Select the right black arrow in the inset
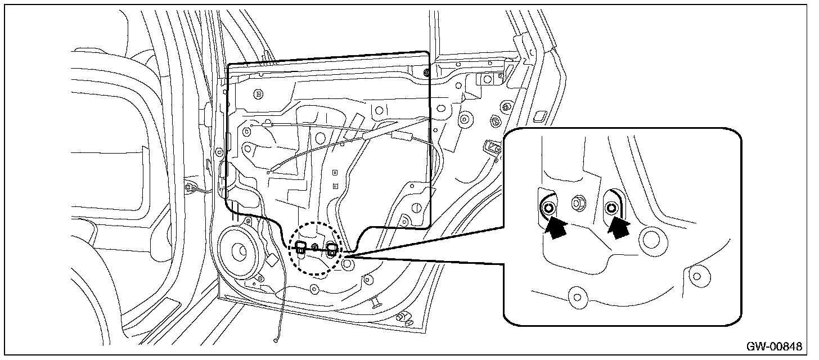[x=619, y=228]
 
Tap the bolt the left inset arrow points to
[x=548, y=209]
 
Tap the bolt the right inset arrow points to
[x=611, y=209]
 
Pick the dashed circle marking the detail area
[x=315, y=248]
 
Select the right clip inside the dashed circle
[x=331, y=248]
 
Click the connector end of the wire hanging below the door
[x=276, y=339]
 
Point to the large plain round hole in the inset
[x=652, y=238]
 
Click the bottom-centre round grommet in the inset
[x=577, y=295]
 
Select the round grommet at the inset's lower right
[x=697, y=276]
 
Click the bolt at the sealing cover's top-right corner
[x=426, y=73]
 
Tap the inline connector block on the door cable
[x=400, y=136]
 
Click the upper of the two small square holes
[x=334, y=173]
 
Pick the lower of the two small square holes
[x=334, y=185]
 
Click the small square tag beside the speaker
[x=272, y=260]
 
